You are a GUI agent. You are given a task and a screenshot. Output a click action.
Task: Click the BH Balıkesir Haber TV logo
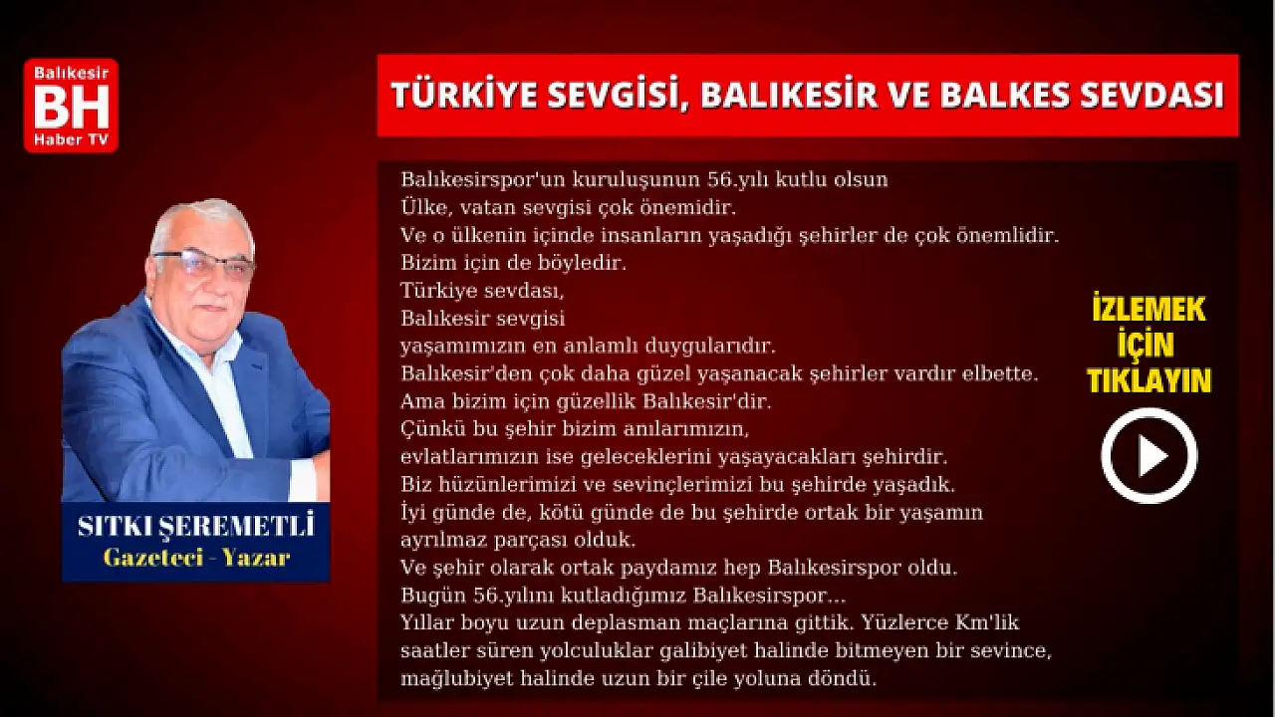[x=71, y=106]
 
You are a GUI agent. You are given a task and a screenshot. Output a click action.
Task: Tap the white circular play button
[x=1149, y=456]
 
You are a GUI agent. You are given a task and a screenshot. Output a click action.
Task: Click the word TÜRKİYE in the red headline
[x=464, y=95]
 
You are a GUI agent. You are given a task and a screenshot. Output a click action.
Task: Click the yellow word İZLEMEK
[x=1149, y=309]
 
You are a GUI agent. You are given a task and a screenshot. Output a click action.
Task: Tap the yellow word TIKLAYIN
[x=1149, y=380]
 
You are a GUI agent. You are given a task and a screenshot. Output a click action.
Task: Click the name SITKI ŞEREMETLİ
[x=196, y=525]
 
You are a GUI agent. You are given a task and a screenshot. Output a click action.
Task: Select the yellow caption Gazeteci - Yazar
[x=197, y=558]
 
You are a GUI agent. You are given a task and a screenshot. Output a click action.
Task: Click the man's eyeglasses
[x=205, y=264]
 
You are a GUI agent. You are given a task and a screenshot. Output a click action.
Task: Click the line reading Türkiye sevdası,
[x=481, y=291]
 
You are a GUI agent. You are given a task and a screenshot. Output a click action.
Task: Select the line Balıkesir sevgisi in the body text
[x=483, y=319]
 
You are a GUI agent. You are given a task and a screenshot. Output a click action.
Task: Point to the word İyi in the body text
[x=413, y=513]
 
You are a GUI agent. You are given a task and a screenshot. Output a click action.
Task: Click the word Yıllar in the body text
[x=428, y=622]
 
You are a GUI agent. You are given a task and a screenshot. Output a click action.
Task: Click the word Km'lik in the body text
[x=986, y=622]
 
